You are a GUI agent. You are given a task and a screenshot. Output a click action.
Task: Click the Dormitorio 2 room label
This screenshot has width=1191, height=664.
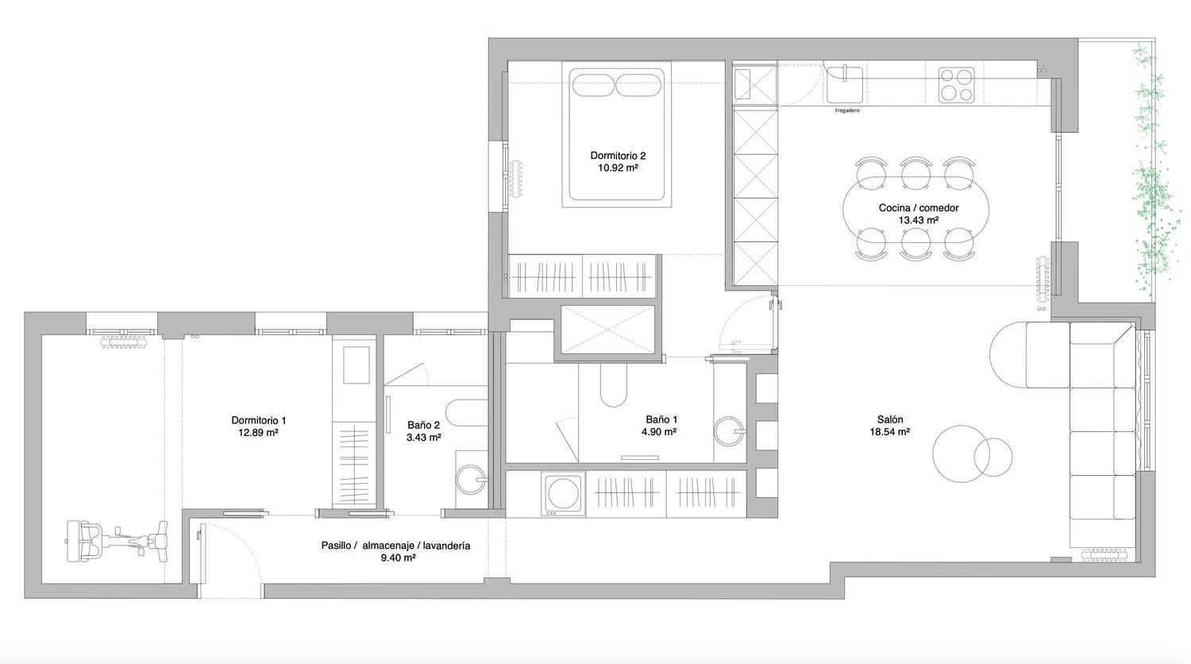(x=618, y=156)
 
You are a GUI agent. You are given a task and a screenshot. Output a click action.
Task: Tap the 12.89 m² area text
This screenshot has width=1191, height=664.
(x=258, y=433)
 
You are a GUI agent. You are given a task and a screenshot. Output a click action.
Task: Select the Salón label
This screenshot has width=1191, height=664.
(x=890, y=419)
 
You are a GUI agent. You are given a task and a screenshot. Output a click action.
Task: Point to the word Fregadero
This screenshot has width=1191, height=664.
(x=847, y=110)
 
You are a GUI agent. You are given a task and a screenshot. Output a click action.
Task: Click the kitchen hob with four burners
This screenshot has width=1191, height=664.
(x=956, y=85)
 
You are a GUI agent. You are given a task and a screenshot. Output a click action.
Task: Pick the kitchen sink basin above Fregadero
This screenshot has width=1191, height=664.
(x=844, y=84)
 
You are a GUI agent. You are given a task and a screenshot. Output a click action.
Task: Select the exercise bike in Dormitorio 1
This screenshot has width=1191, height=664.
(x=117, y=541)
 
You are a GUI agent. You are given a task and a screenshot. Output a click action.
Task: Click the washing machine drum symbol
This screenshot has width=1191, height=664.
(x=563, y=493)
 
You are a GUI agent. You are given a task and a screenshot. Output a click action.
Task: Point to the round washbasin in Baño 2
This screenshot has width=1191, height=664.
(x=472, y=480)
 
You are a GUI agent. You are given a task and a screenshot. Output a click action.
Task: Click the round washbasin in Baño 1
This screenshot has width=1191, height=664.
(x=729, y=431)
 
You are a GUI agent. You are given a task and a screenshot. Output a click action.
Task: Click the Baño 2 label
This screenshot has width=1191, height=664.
(x=424, y=425)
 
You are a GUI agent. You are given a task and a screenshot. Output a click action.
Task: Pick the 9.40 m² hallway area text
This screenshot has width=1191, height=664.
(x=399, y=558)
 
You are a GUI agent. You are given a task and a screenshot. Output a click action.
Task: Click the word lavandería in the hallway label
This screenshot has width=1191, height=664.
(x=445, y=546)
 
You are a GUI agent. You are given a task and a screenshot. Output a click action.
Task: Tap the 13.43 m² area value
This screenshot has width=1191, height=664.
(x=918, y=220)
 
